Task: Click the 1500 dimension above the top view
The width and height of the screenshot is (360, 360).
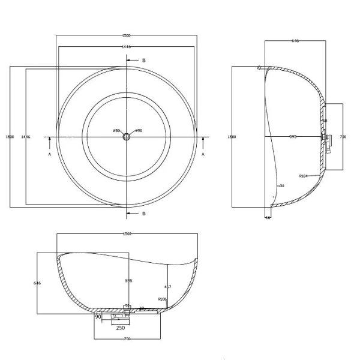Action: [x=127, y=35]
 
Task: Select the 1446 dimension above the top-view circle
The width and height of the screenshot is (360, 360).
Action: [x=127, y=46]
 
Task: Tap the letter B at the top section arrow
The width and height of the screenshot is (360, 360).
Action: [x=143, y=61]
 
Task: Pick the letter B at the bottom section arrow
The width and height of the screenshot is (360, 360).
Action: [x=143, y=214]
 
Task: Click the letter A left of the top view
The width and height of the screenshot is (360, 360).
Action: [x=49, y=154]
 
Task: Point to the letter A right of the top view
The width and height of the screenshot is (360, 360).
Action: [x=204, y=154]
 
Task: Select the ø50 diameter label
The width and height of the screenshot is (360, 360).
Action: [x=116, y=131]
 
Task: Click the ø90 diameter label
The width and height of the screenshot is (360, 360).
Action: [x=138, y=131]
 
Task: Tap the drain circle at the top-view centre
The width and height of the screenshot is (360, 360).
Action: [x=127, y=137]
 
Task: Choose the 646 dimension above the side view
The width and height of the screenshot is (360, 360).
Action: [x=295, y=41]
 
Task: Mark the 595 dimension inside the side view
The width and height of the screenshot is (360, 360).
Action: [x=293, y=137]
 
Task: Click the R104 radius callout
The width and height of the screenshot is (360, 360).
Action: [x=303, y=176]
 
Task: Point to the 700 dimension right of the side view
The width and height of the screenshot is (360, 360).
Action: [x=343, y=137]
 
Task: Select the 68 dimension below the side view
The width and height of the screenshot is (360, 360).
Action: [x=268, y=217]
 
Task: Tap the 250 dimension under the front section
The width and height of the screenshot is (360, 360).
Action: [x=120, y=327]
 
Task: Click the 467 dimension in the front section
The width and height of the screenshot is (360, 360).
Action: [x=168, y=287]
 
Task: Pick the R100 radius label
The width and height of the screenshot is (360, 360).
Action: [x=162, y=299]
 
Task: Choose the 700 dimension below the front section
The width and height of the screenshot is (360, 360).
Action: [x=127, y=340]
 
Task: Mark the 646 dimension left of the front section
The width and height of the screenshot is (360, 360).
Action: [x=37, y=283]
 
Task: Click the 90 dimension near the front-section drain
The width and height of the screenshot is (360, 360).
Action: [x=98, y=316]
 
